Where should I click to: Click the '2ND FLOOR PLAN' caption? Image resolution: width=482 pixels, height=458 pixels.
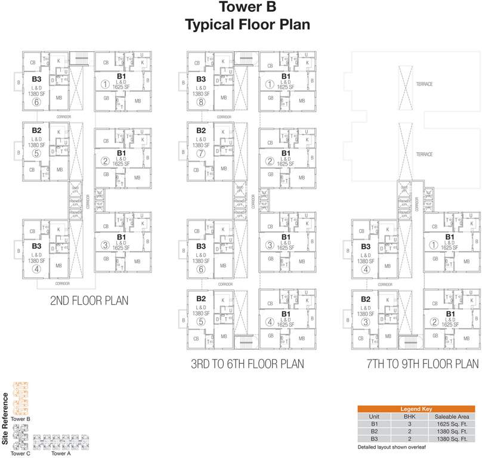point(89,301)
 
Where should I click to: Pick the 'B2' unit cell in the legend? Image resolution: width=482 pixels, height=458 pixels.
point(374,431)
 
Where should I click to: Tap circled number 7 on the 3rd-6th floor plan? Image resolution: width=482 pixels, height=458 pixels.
point(201,153)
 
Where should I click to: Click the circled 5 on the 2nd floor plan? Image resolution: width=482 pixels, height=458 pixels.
point(36,153)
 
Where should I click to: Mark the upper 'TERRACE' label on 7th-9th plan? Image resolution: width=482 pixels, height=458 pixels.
point(424,84)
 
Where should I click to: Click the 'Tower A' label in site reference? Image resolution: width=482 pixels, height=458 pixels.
point(60,454)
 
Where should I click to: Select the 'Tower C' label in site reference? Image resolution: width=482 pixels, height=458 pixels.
point(20,454)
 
